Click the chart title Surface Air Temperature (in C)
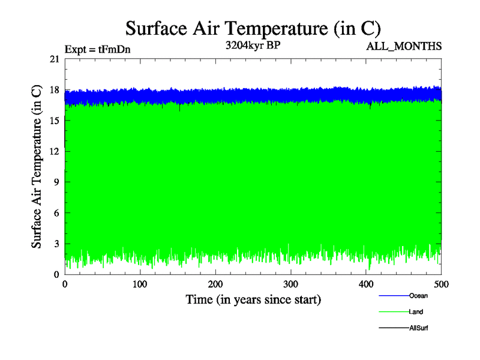pos(253,28)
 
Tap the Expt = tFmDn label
pos(97,50)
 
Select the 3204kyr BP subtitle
pos(253,45)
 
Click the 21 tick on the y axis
pos(55,59)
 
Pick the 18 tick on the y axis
pos(55,90)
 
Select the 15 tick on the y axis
pos(55,121)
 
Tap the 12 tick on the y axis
pos(55,151)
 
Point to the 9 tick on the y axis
pos(56,182)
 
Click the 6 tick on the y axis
pos(56,213)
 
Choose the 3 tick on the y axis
pos(56,244)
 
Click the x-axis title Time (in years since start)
pos(253,299)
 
